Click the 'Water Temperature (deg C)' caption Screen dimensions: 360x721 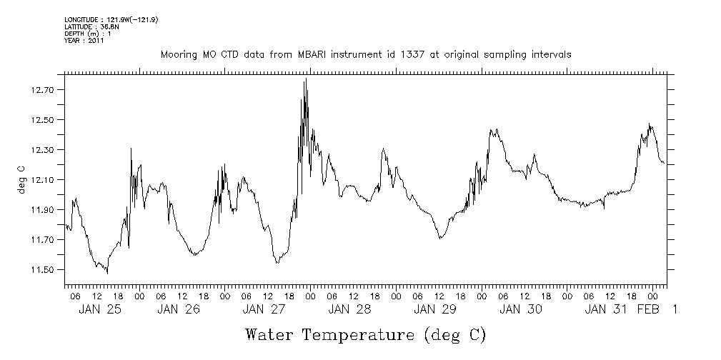pos(365,334)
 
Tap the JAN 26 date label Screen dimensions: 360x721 pos(179,309)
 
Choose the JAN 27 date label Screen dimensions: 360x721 pos(264,309)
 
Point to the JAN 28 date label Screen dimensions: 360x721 pos(349,309)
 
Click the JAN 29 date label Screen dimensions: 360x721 pos(434,309)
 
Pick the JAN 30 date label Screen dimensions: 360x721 pos(521,309)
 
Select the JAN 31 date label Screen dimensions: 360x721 pos(606,309)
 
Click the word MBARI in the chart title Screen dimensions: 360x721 pos(324,54)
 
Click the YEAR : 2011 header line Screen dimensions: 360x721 pos(85,41)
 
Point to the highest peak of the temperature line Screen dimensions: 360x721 pos(306,79)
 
